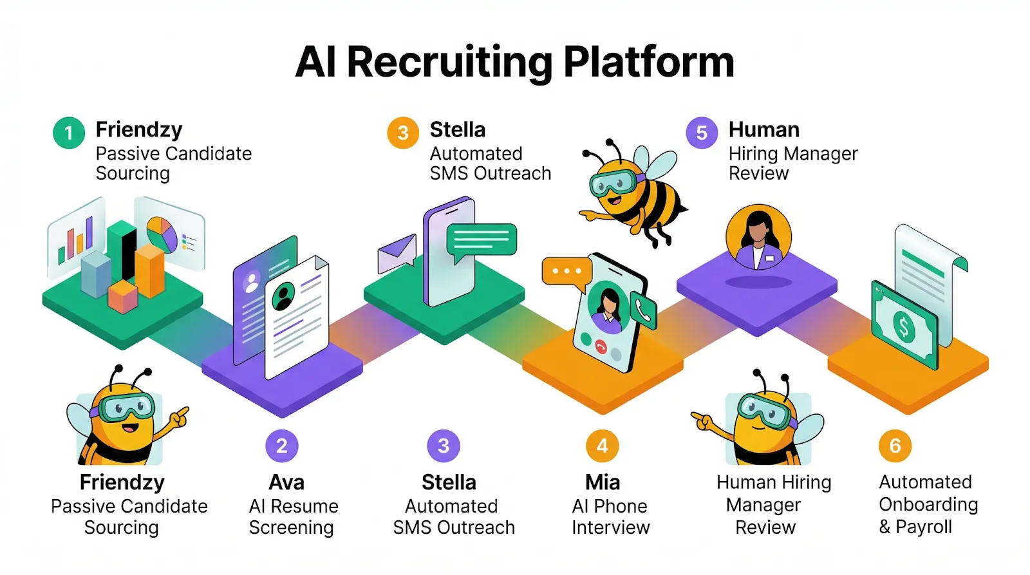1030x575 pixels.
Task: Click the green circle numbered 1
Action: click(x=69, y=133)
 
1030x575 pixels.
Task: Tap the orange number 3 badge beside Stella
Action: click(x=403, y=133)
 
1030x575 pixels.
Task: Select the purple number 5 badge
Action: click(x=702, y=133)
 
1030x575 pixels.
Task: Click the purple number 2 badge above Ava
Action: click(x=282, y=446)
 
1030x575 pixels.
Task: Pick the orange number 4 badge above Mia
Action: click(x=603, y=446)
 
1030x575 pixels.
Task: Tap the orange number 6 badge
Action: click(x=895, y=446)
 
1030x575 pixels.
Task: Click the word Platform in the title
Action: click(x=649, y=62)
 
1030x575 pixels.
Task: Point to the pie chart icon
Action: click(x=162, y=234)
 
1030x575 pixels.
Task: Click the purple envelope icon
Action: click(x=397, y=253)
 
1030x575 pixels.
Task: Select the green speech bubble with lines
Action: click(x=482, y=240)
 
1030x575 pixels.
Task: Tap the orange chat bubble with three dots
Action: click(x=566, y=271)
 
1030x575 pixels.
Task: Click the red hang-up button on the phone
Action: click(x=601, y=347)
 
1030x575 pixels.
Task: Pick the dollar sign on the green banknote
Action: click(x=904, y=328)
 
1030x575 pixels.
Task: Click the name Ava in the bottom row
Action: click(x=286, y=482)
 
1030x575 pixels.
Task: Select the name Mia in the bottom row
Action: click(x=603, y=482)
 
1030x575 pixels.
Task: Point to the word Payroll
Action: click(x=924, y=527)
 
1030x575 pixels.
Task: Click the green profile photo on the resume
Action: click(x=283, y=296)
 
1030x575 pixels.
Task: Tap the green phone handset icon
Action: click(x=643, y=311)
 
